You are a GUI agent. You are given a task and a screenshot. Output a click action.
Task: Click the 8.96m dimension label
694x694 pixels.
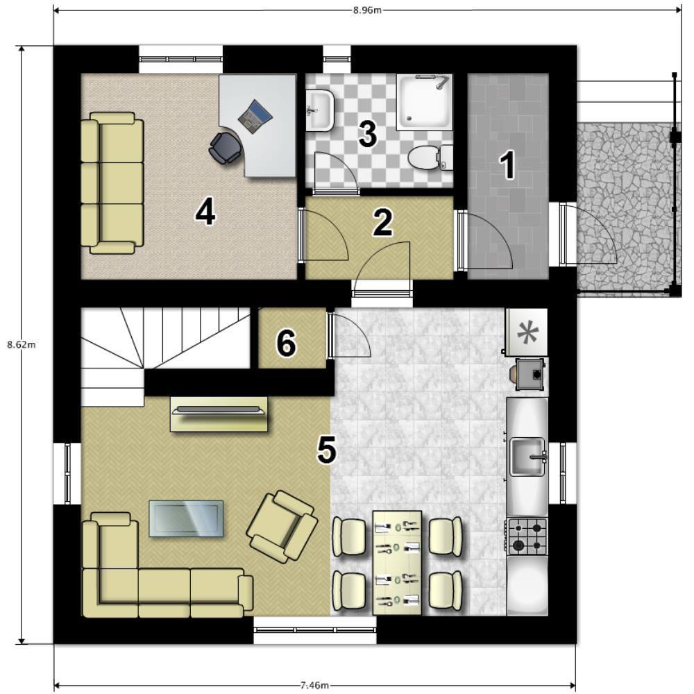coord(367,10)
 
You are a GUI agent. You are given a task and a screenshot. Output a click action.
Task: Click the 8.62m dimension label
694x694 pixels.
coord(22,345)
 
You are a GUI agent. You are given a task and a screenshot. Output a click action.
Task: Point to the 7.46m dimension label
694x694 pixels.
coord(314,686)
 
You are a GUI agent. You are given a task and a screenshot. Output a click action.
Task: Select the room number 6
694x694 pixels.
coord(287,343)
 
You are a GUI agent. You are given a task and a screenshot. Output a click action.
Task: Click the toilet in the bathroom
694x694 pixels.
coord(430,158)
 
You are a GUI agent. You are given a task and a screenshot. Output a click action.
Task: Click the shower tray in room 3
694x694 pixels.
coord(424,102)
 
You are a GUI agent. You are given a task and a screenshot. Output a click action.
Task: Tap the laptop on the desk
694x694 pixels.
coord(255,117)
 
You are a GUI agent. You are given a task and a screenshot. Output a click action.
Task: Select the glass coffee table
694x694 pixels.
coord(186,518)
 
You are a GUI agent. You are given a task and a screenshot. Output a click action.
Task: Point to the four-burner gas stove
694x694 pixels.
coord(527,536)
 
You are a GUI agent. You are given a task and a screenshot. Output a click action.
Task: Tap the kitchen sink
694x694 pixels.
coord(528,457)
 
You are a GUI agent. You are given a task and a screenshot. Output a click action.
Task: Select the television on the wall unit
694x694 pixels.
coord(219,410)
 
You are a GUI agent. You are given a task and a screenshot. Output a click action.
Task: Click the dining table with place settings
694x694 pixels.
coord(397,562)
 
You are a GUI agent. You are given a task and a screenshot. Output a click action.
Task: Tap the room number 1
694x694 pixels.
coord(508,165)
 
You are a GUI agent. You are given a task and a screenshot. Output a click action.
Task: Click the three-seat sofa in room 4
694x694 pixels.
coord(112,183)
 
